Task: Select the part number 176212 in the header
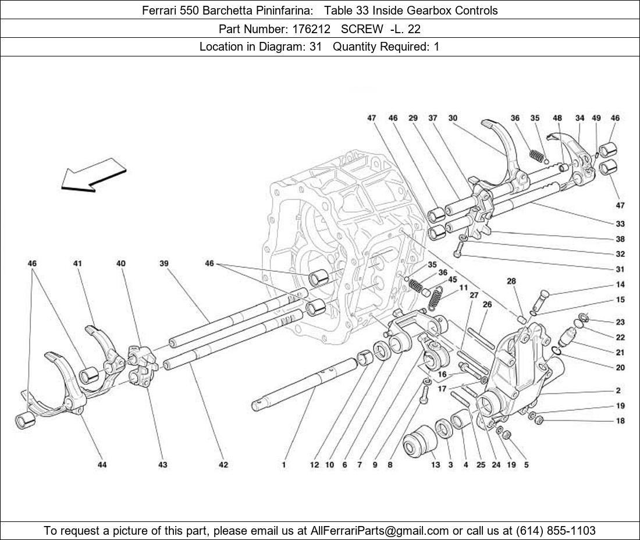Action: (x=314, y=29)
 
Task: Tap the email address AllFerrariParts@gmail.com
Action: (x=380, y=531)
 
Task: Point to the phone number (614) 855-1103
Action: (x=556, y=531)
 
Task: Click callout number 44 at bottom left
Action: (x=102, y=464)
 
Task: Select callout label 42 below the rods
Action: (x=223, y=464)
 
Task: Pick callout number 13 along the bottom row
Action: (x=436, y=464)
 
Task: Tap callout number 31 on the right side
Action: (x=620, y=269)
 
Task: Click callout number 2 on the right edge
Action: (x=618, y=390)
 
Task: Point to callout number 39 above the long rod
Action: (x=164, y=264)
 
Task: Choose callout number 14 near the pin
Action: (x=620, y=285)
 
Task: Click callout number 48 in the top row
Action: (x=557, y=118)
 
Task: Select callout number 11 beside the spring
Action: (x=463, y=287)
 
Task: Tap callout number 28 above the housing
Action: (x=511, y=282)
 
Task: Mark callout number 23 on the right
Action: (x=620, y=322)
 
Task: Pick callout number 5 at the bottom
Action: (x=526, y=464)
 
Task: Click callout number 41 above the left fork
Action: (x=77, y=264)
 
